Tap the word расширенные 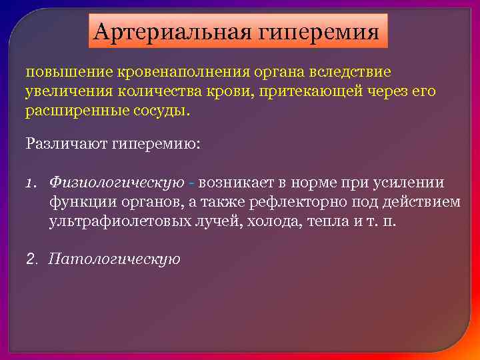(x=70, y=110)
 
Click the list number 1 (x=31, y=183)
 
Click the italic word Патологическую (x=115, y=259)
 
